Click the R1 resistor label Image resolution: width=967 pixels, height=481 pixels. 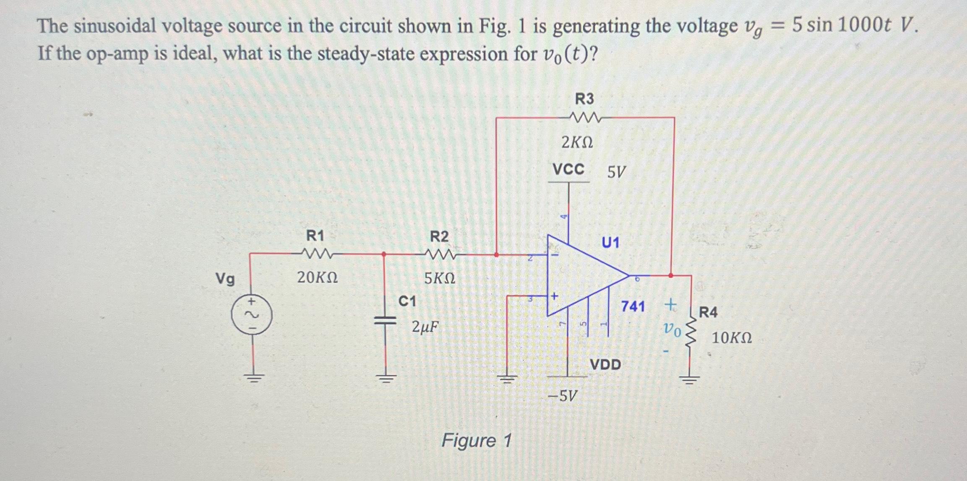coord(315,236)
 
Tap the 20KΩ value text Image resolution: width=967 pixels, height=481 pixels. coord(317,277)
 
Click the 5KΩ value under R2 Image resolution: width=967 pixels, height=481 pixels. coord(439,278)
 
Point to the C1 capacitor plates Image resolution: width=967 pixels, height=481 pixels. coord(384,321)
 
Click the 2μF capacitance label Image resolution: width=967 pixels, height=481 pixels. coord(425,326)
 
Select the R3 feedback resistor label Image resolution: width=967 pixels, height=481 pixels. coord(584,99)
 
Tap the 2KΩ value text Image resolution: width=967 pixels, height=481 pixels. coord(577,143)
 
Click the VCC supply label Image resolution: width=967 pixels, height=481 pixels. coord(568,170)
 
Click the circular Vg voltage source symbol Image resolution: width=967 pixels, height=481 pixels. coord(252,315)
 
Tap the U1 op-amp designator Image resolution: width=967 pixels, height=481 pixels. coord(610,242)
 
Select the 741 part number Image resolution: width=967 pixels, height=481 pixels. coord(633,306)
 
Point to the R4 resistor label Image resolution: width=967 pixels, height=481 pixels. coord(708,312)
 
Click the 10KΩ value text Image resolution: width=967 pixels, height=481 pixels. coord(732,338)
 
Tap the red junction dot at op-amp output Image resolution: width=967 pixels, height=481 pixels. coord(670,276)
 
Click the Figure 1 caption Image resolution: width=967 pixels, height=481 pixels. coord(477,441)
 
